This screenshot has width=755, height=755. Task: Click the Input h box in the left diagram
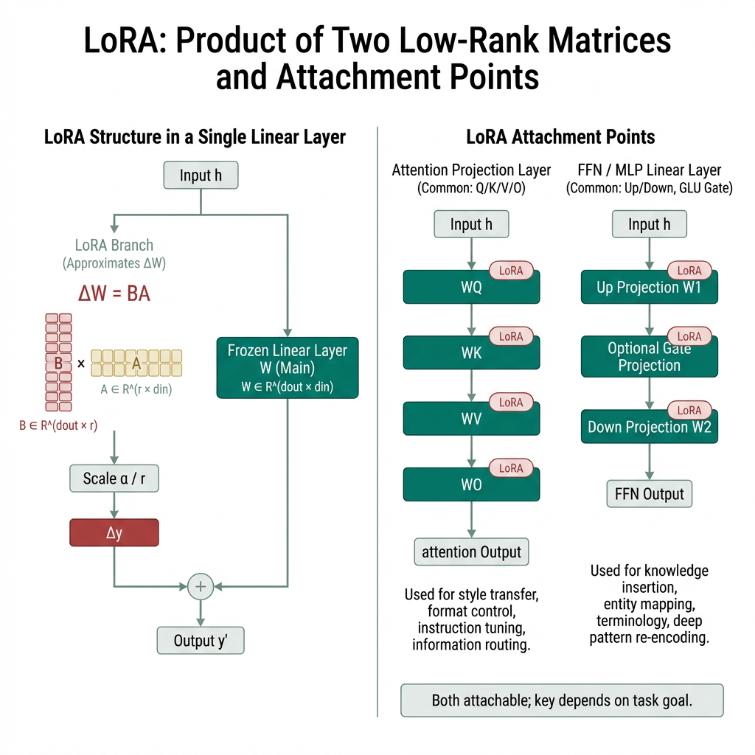201,175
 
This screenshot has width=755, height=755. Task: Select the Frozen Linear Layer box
287,367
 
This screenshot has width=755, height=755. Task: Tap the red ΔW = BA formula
114,293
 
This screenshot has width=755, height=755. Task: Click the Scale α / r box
114,479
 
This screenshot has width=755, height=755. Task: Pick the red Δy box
114,532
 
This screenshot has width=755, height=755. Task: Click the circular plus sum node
201,587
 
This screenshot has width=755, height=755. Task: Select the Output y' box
200,640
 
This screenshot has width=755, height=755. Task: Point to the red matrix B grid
59,361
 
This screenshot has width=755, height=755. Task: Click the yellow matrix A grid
136,362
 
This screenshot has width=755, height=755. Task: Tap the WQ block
471,287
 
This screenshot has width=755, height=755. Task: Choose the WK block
471,353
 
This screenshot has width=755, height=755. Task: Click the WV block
471,419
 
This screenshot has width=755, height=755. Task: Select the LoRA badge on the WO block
511,468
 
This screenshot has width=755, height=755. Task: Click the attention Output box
471,552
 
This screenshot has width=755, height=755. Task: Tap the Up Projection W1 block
649,287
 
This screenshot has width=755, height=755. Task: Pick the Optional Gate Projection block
649,357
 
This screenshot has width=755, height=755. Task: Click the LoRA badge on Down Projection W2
689,410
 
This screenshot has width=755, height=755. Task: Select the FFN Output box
649,494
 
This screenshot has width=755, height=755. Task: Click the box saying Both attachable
562,700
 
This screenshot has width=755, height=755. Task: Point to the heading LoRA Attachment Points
560,137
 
